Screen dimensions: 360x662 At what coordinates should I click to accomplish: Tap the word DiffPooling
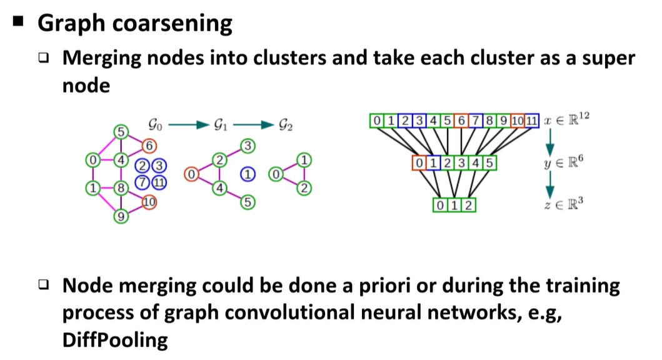pos(115,340)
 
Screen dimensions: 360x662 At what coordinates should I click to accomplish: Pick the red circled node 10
pos(149,202)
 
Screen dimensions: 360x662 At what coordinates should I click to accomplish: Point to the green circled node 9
pos(120,216)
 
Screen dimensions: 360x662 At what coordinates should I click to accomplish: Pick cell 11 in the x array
pos(531,120)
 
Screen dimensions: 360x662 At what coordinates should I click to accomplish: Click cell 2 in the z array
pos(468,205)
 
